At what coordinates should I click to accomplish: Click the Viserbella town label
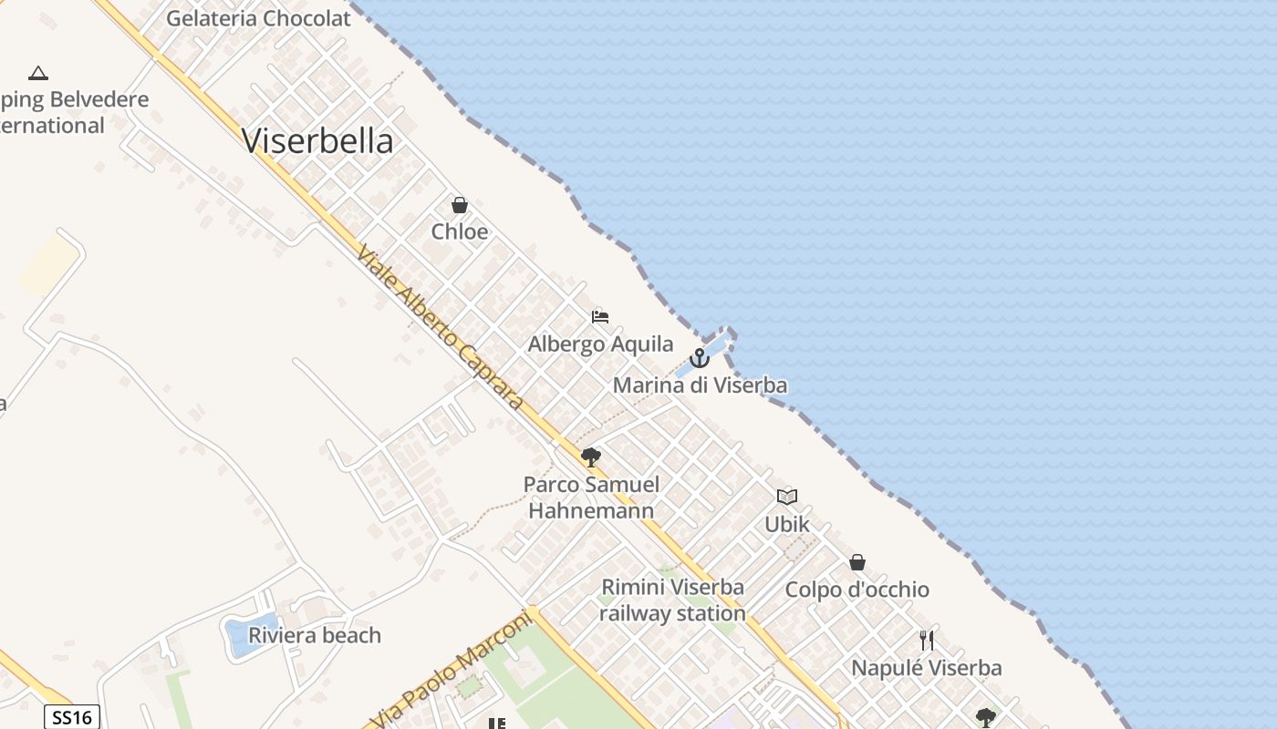tap(317, 141)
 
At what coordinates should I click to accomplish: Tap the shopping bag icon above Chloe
tap(460, 205)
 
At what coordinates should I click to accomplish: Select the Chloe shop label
tap(460, 231)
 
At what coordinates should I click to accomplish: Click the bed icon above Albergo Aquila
tap(600, 317)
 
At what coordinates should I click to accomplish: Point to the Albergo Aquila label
tap(600, 344)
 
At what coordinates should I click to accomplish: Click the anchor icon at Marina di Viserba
tap(700, 358)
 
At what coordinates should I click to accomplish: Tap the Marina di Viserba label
tap(700, 385)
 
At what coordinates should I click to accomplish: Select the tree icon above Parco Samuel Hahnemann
tap(591, 457)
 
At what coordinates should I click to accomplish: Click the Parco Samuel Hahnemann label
tap(591, 498)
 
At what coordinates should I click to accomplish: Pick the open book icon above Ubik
tap(787, 497)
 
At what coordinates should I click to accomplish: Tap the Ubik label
tap(787, 525)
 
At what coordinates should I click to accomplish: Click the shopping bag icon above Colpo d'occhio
tap(857, 562)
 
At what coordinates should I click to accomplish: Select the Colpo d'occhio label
tap(857, 590)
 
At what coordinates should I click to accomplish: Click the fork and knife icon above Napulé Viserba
tap(927, 641)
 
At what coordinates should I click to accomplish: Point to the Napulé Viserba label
tap(927, 668)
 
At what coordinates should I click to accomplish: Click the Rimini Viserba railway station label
tap(672, 600)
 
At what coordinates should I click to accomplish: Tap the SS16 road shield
tap(72, 717)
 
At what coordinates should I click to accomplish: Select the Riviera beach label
tap(315, 635)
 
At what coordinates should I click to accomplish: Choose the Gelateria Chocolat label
tap(258, 18)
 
